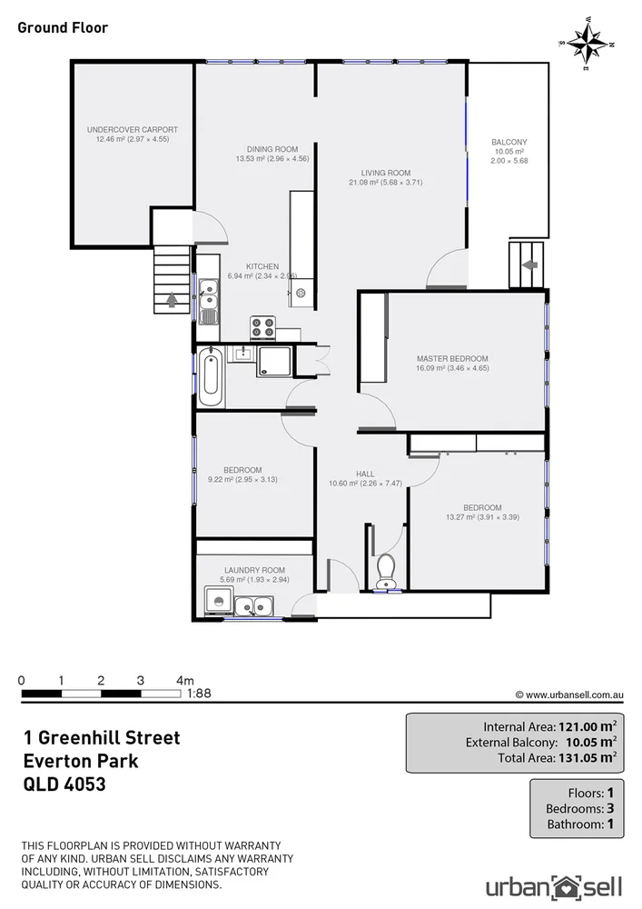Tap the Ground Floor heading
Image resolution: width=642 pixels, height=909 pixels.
(x=63, y=27)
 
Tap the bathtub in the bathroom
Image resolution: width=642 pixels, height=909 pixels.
(x=211, y=378)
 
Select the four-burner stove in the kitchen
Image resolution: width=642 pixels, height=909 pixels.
(x=263, y=325)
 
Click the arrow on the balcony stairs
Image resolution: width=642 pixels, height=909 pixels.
(x=529, y=265)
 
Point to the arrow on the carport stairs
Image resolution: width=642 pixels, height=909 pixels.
(x=173, y=298)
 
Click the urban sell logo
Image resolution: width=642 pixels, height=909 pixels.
(x=552, y=886)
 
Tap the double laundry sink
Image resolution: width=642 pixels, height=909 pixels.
(x=253, y=604)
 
